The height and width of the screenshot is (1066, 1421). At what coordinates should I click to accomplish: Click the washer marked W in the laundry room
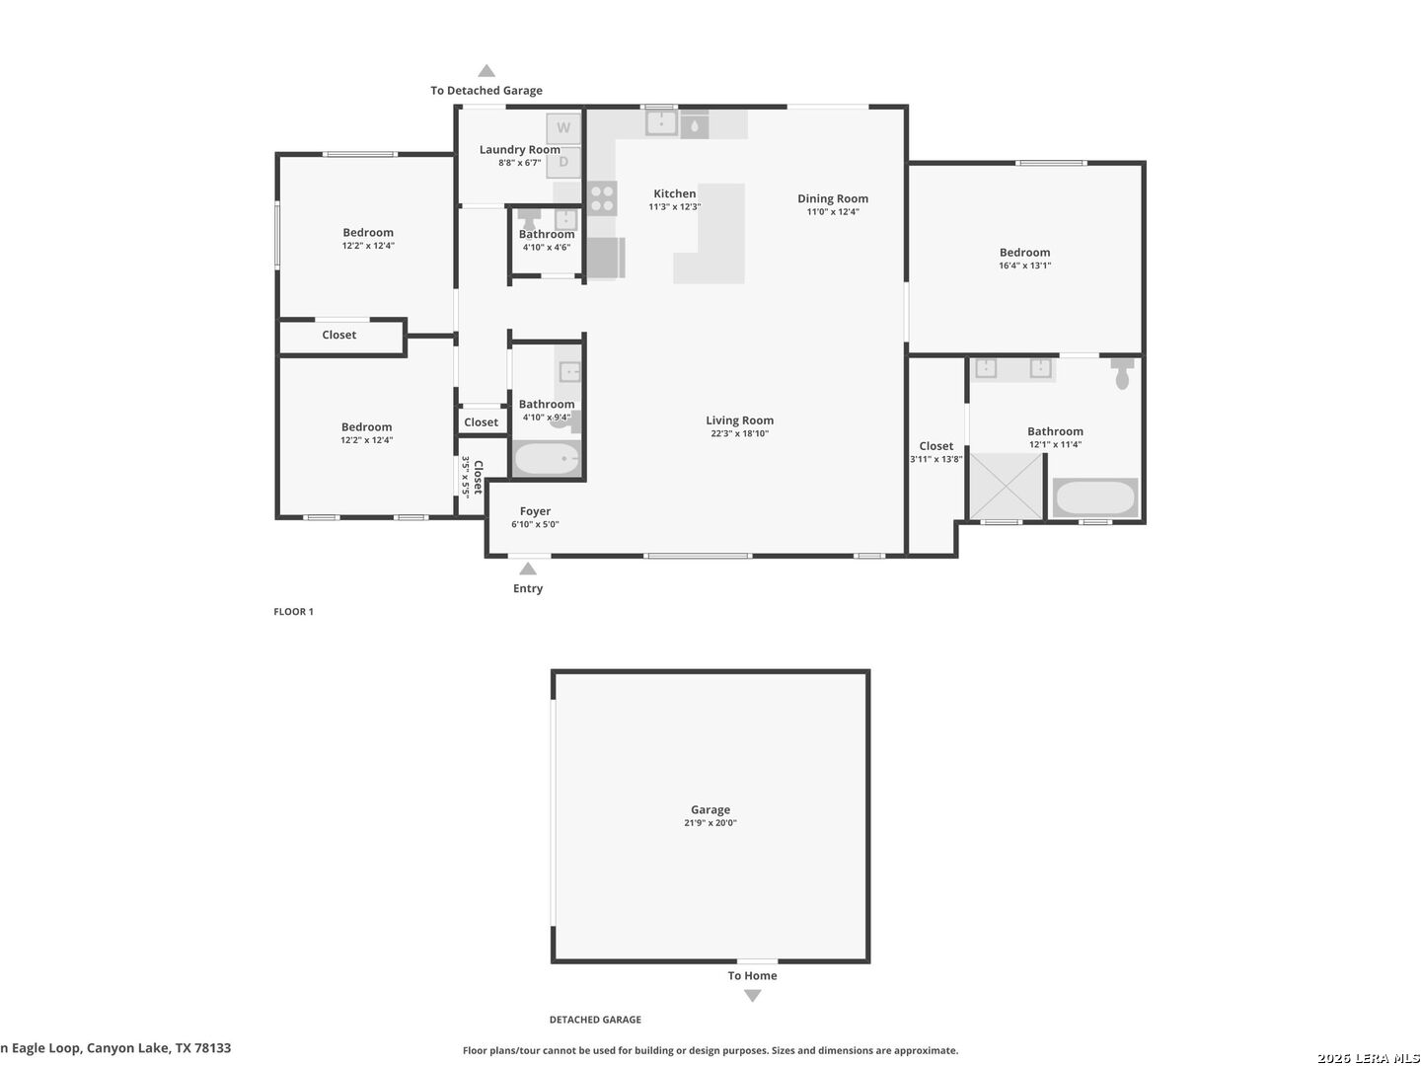point(563,128)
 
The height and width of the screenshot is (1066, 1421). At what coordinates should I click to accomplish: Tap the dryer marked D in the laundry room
point(563,162)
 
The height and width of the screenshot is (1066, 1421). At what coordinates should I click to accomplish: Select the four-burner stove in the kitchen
point(602,198)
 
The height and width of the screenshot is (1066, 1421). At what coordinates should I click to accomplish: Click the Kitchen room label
point(675,193)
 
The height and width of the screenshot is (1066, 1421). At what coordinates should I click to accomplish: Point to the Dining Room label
point(833,198)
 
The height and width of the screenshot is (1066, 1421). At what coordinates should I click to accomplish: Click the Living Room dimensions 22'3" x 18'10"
point(739,433)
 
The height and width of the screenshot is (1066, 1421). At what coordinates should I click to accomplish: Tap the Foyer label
point(535,511)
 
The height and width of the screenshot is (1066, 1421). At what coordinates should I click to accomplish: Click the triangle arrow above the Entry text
point(528,569)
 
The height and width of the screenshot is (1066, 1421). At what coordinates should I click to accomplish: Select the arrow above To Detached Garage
point(486,70)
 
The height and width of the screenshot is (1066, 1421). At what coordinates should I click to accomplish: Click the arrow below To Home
point(752,996)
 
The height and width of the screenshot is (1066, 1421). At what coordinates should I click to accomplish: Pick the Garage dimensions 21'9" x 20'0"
point(710,822)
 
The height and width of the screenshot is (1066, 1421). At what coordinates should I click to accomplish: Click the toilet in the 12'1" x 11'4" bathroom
point(1122,374)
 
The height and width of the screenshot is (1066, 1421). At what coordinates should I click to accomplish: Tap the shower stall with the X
point(1006,486)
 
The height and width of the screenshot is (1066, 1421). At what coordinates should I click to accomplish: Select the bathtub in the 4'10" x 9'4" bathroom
point(547,458)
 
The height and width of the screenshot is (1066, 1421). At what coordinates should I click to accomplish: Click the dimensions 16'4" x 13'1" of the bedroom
point(1024,266)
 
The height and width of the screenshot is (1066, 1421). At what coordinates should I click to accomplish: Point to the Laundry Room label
point(520,149)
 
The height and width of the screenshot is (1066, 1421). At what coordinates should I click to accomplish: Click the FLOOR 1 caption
point(293,612)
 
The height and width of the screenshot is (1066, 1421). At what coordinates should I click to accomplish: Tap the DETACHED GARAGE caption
point(595,1020)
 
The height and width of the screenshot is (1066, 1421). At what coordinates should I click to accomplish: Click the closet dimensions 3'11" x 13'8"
point(936,460)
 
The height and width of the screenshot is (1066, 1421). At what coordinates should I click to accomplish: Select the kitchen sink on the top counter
point(661,123)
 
